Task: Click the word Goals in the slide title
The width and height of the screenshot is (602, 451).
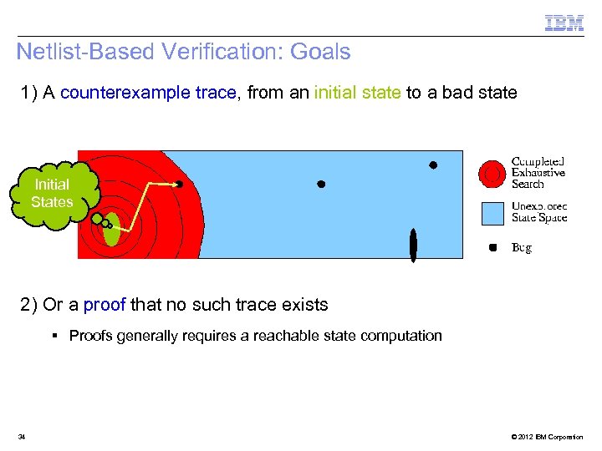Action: click(320, 52)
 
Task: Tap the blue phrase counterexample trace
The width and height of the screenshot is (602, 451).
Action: click(148, 93)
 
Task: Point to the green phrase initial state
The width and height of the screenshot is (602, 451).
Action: click(357, 93)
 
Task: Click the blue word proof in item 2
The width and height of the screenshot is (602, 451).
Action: click(105, 305)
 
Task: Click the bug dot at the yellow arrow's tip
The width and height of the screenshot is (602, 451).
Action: click(179, 183)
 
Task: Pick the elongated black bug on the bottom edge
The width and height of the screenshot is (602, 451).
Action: click(413, 244)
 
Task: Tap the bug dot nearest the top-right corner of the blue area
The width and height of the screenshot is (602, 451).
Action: click(433, 165)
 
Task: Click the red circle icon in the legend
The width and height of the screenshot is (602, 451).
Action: click(492, 173)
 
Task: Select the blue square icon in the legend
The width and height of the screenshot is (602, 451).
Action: click(493, 214)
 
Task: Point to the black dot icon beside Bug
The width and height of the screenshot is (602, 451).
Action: click(493, 247)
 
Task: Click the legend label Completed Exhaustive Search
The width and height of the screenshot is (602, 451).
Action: click(538, 172)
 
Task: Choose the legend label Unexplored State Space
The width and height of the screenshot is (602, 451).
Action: click(539, 212)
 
